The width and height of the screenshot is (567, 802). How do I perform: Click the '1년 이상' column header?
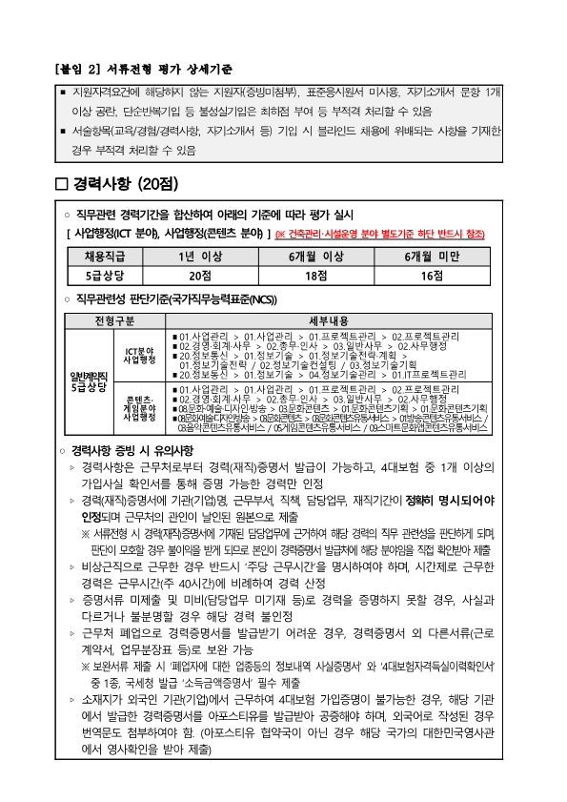[198, 257]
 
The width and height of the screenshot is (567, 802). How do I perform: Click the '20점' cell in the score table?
[198, 275]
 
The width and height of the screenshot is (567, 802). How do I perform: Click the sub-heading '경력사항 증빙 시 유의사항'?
[131, 448]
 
